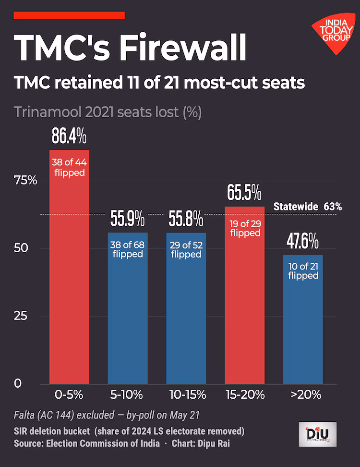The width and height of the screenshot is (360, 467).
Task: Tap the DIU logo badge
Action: click(317, 434)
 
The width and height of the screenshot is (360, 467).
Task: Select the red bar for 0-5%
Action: click(69, 267)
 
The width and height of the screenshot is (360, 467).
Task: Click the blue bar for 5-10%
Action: click(128, 308)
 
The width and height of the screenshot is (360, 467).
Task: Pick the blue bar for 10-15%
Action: click(186, 308)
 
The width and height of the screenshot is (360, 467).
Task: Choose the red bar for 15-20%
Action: click(245, 295)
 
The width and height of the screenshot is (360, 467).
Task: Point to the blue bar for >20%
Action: click(303, 320)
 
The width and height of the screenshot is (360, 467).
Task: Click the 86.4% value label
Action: click(69, 136)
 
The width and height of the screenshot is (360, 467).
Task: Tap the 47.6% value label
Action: click(302, 241)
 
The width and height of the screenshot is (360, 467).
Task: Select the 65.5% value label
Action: click(244, 192)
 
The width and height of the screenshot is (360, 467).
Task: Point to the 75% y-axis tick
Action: click(25, 181)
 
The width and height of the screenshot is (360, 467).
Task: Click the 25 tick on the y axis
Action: click(21, 316)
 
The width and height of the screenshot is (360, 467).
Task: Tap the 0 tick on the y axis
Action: click(18, 383)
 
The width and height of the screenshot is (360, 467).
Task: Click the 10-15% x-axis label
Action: click(187, 395)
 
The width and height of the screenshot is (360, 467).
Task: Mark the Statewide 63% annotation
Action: click(308, 207)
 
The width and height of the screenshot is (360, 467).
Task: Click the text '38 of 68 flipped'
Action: click(128, 249)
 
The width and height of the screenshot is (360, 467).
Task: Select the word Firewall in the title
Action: click(183, 47)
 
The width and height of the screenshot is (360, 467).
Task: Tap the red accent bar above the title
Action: click(69, 15)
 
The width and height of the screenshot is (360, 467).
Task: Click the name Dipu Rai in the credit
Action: click(214, 443)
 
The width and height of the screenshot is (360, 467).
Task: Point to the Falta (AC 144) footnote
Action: click(107, 415)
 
